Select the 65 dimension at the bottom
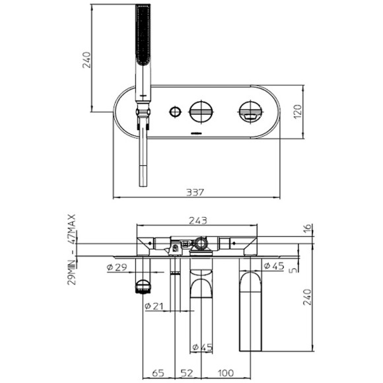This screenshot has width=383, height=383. [x=157, y=374]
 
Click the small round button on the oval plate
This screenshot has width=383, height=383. [x=175, y=111]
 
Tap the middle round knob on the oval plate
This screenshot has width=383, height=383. [x=201, y=111]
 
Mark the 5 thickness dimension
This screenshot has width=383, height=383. [x=291, y=269]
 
